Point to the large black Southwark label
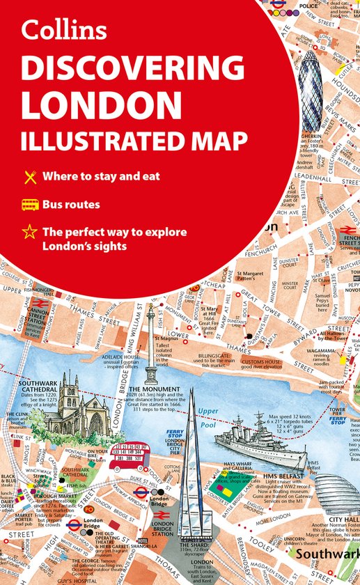(x=329, y=554)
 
